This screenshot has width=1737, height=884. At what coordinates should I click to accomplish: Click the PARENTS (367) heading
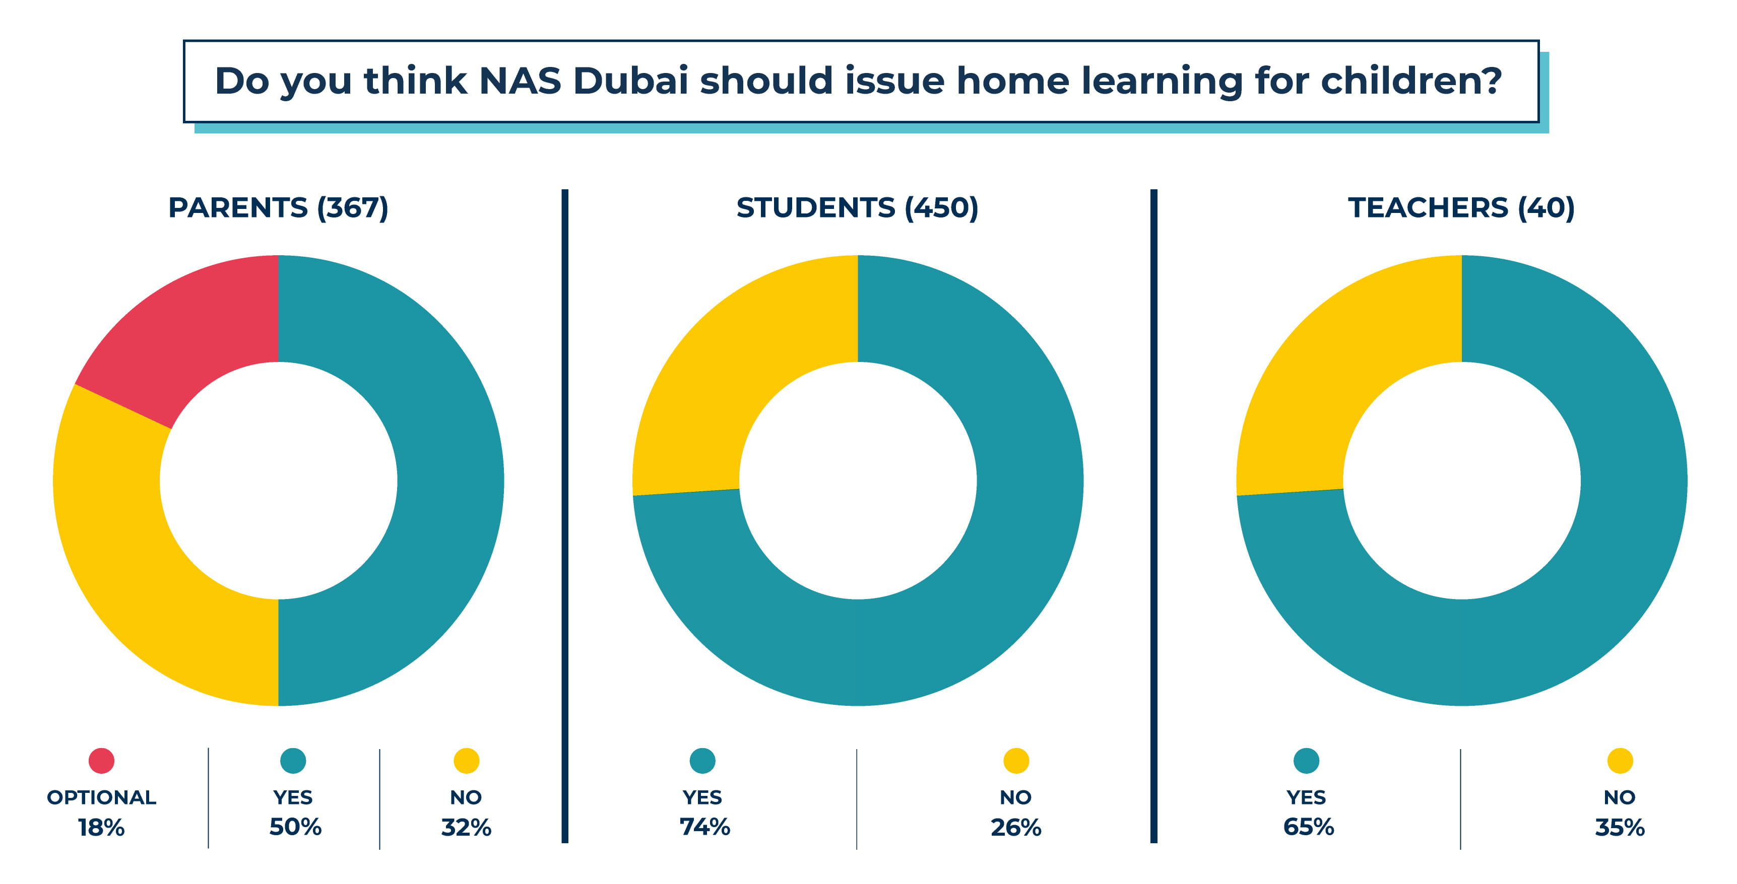[x=278, y=207]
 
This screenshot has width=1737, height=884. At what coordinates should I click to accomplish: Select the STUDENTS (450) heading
[x=857, y=207]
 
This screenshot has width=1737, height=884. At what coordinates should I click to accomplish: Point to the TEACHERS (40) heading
[x=1461, y=207]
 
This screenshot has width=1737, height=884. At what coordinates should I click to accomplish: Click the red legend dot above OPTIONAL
[x=101, y=761]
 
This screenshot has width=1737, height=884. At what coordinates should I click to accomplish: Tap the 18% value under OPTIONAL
[x=101, y=828]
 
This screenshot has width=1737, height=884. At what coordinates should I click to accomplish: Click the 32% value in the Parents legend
[x=466, y=828]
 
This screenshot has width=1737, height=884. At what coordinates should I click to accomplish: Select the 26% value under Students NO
[x=1015, y=828]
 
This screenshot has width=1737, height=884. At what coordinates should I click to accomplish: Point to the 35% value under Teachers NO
[x=1620, y=828]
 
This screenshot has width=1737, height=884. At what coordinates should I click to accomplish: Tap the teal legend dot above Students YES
[x=702, y=761]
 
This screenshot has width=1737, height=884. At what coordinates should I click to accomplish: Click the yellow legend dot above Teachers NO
[x=1620, y=761]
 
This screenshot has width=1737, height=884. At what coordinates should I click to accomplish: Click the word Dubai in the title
[x=630, y=81]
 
